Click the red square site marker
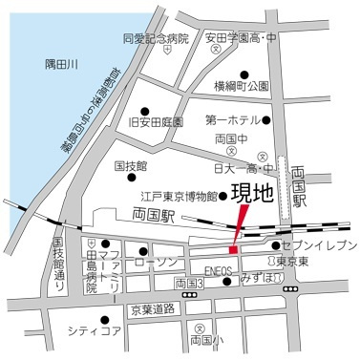tap(232, 249)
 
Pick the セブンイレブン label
tap(320, 245)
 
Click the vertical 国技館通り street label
tap(57, 265)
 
